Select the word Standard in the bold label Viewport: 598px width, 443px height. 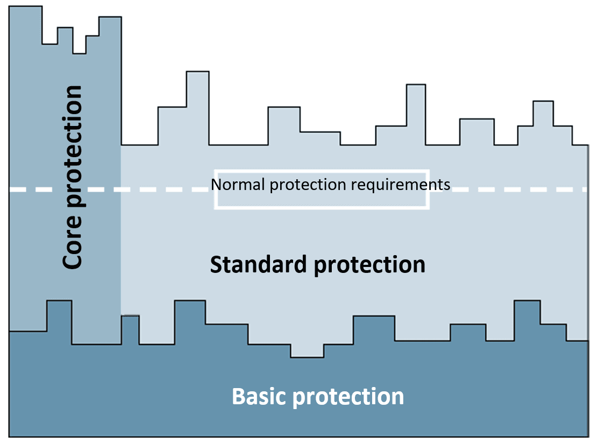259,264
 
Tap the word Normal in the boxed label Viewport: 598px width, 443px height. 238,185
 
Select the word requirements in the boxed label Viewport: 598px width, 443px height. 401,185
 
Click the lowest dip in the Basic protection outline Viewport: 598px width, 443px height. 307,351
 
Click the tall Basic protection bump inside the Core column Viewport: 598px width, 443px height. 59,322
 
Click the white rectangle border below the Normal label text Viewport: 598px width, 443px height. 322,207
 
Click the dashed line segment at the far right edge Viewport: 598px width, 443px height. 579,189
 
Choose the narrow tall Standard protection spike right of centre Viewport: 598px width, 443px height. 416,115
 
